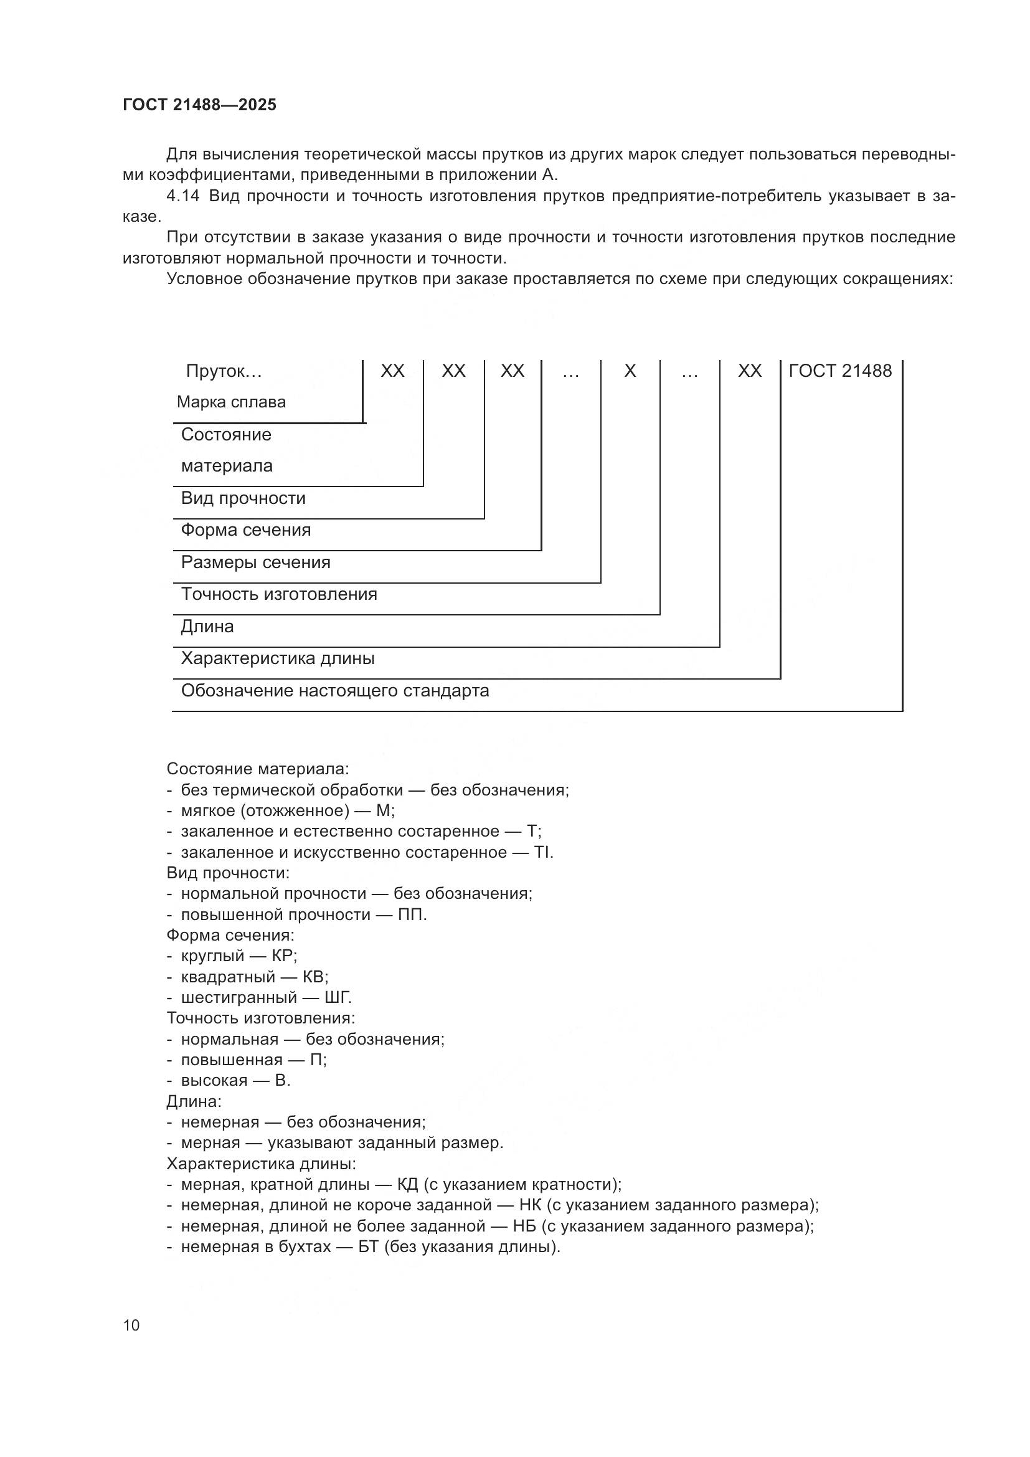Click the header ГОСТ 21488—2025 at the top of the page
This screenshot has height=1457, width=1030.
[200, 105]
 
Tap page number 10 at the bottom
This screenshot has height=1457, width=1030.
[131, 1325]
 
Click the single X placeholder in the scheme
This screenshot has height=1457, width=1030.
[630, 371]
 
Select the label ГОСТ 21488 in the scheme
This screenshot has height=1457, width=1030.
[839, 371]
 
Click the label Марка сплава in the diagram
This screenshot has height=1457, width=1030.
[231, 402]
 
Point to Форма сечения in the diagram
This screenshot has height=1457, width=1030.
[246, 530]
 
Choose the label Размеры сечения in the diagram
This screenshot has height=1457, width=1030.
[255, 562]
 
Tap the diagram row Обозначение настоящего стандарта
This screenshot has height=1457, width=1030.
[335, 690]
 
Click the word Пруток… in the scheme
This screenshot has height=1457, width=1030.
[224, 371]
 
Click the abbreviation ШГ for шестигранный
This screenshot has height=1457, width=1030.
[338, 997]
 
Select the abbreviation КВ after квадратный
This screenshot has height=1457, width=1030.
[313, 977]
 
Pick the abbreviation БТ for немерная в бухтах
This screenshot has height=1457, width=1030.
[369, 1247]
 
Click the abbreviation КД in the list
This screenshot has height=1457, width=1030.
[407, 1185]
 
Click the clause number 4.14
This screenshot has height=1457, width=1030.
[182, 196]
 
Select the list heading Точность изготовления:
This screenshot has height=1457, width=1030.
[261, 1018]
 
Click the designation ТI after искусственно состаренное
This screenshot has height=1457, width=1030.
[542, 852]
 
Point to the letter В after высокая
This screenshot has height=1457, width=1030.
[281, 1081]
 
